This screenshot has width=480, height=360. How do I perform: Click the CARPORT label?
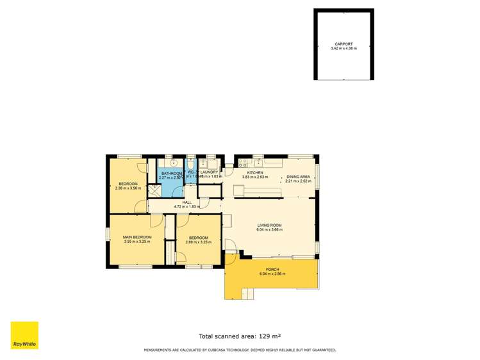pos(343,44)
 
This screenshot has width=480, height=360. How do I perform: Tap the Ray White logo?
pos(24,335)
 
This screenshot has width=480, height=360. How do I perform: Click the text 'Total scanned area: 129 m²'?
pos(240,336)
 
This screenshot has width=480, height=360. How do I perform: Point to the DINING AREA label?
pos(298,176)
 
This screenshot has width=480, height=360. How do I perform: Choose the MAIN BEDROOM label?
pos(137,237)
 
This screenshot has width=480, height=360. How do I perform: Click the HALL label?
pos(187,202)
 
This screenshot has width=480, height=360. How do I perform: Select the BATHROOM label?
pos(171,174)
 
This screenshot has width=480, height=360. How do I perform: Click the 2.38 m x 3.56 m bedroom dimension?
pos(128,188)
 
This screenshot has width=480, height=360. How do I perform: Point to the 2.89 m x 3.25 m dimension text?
pos(198,242)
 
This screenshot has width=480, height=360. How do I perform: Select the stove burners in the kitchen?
pos(242,164)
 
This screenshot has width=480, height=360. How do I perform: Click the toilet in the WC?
pos(191,162)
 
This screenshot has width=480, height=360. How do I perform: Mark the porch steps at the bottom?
pos(244,293)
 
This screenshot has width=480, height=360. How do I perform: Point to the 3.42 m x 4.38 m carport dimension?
pos(343,49)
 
